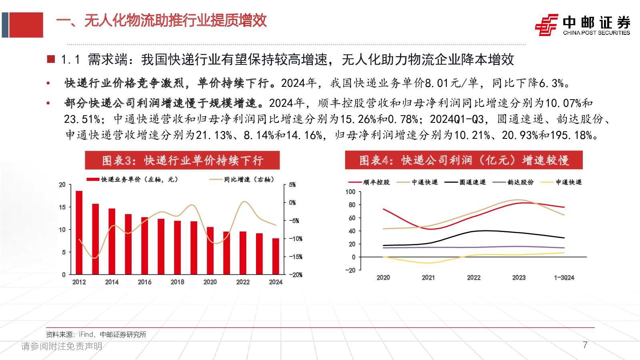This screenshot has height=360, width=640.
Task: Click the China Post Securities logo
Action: click(582, 25)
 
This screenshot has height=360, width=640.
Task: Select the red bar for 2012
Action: click(79, 232)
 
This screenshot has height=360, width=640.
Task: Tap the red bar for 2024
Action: click(276, 256)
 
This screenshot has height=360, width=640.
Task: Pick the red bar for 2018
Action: click(177, 247)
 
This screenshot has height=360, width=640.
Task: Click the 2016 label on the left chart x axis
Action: click(144, 282)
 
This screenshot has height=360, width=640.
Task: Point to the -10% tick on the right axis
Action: click(296, 239)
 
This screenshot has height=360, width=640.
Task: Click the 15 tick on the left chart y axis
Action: click(62, 207)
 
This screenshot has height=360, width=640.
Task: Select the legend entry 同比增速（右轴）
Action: click(242, 180)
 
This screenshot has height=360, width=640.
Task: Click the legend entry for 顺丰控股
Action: click(369, 182)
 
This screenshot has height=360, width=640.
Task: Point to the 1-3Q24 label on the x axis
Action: click(564, 278)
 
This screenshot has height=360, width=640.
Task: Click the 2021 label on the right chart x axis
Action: click(428, 278)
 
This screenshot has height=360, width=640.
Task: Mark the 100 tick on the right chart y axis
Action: click(350, 192)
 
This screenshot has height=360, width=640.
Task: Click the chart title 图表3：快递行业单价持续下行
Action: click(182, 160)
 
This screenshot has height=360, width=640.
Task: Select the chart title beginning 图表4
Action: click(464, 160)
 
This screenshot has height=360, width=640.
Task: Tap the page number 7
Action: click(585, 345)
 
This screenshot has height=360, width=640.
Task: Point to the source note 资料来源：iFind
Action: click(96, 334)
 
